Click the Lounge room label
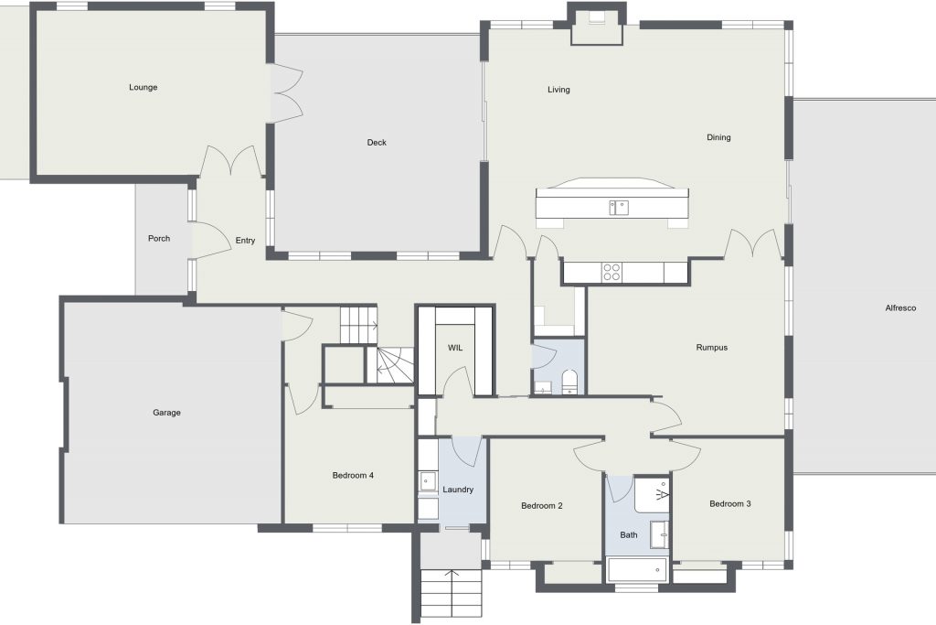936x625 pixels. coord(144,87)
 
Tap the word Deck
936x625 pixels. coord(377,142)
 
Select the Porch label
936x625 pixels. coord(159,239)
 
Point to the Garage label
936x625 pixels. coord(166,413)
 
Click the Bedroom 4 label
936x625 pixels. coord(353,476)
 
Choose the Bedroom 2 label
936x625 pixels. coord(541,505)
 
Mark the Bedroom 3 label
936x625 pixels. coord(730,503)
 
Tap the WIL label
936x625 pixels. coord(455,348)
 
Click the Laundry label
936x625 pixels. coord(458,490)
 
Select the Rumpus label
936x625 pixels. coord(711,347)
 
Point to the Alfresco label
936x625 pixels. coord(900,308)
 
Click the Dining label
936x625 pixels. coord(718,137)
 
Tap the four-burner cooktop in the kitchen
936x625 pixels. coord(612,272)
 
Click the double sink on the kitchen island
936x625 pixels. coord(619,208)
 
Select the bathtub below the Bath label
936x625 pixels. coord(637,570)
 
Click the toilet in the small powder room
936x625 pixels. coord(570,383)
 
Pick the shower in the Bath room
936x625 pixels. coord(651,495)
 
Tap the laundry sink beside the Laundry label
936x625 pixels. coord(427,481)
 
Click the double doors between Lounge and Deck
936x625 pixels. coord(288,93)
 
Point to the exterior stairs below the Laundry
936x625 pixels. coord(451,593)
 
